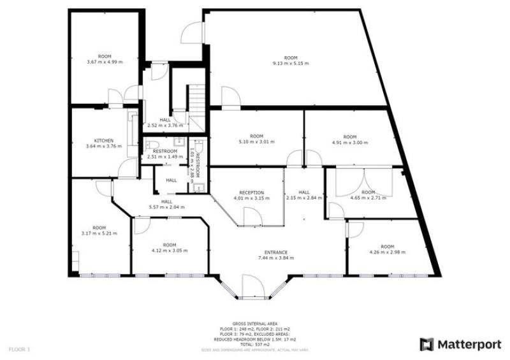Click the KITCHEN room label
(104, 140)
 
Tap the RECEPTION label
(251, 192)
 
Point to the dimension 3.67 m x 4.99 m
(104, 62)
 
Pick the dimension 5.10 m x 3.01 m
(256, 142)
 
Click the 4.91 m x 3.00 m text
(350, 143)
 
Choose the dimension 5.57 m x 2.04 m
(167, 206)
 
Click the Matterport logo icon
(426, 344)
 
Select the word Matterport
(468, 344)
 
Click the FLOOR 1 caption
(20, 349)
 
